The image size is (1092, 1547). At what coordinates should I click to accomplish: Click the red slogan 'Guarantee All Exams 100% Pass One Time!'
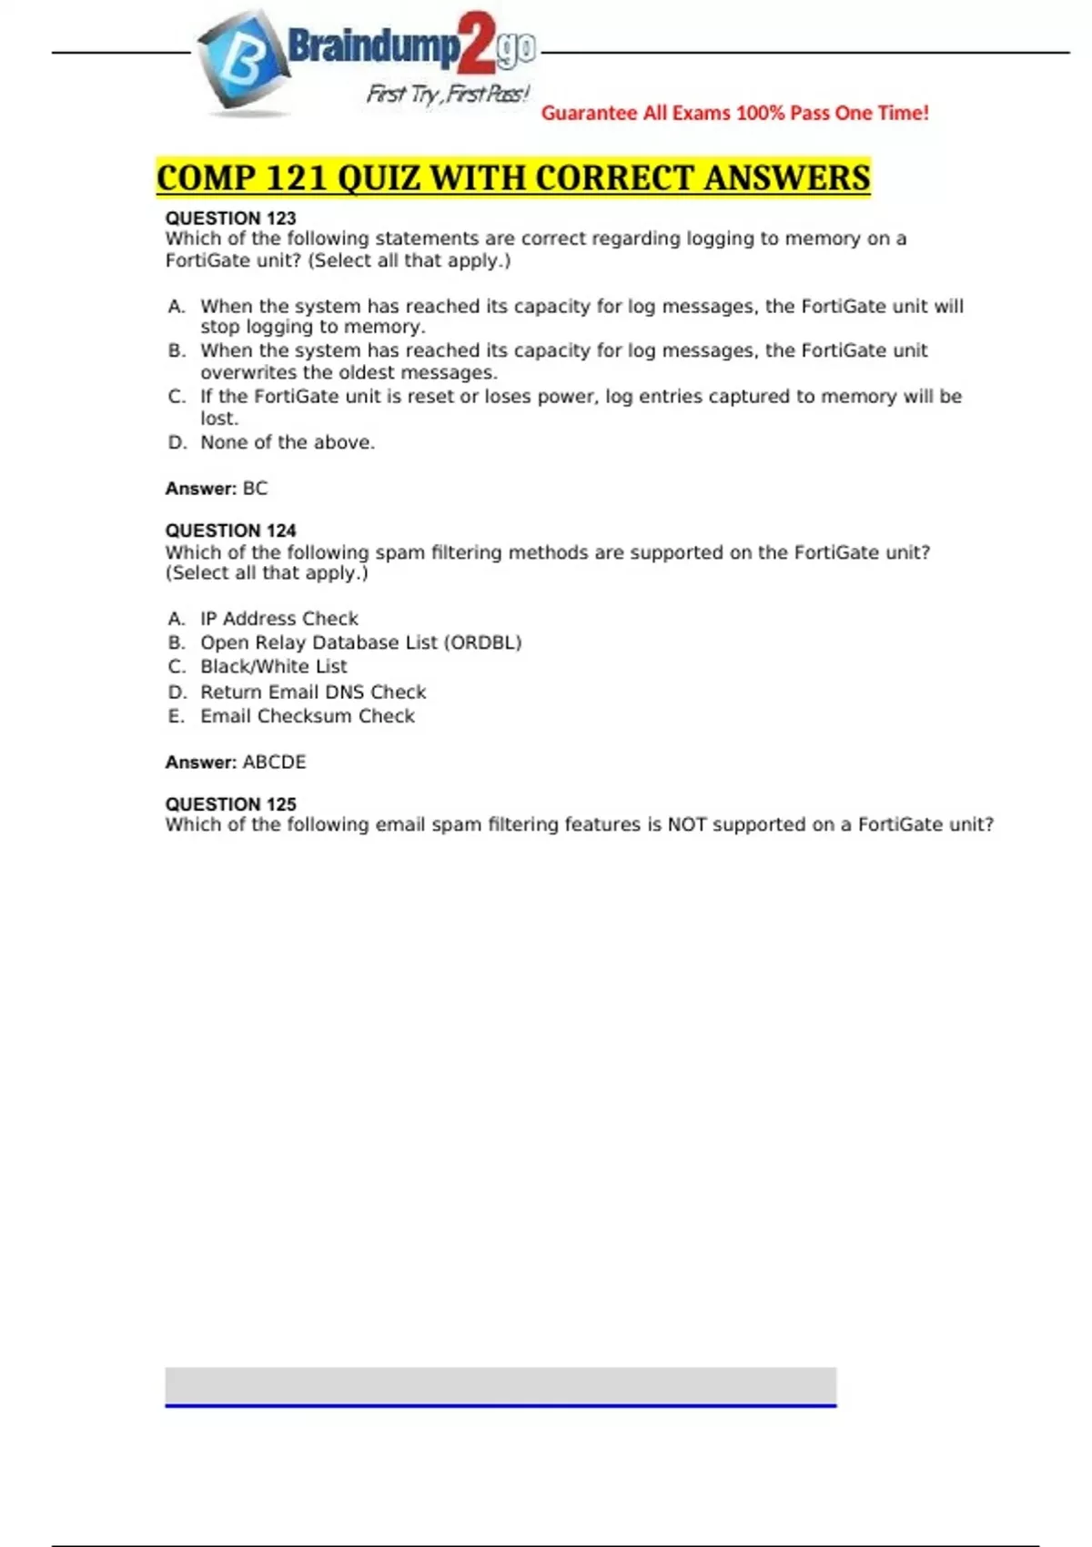[734, 113]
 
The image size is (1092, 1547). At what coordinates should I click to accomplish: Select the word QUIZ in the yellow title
[378, 177]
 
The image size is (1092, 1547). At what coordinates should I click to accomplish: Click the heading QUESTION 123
[230, 218]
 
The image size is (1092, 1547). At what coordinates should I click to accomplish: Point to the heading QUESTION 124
[230, 531]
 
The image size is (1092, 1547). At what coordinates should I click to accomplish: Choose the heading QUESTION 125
[230, 804]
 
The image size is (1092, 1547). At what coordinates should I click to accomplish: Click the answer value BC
[255, 489]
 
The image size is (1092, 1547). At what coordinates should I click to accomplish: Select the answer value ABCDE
[274, 763]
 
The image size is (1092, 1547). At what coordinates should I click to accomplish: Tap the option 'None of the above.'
[288, 443]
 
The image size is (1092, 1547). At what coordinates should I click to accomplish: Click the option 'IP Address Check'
[279, 619]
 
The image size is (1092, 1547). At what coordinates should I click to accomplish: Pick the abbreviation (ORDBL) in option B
[482, 642]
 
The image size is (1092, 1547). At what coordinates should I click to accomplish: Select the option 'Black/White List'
[273, 667]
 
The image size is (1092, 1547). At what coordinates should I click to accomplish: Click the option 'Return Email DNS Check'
[313, 693]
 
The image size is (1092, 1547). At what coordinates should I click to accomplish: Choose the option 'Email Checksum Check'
[308, 716]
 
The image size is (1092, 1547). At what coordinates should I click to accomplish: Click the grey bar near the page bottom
[500, 1386]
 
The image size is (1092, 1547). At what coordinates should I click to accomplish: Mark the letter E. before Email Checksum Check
[176, 716]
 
